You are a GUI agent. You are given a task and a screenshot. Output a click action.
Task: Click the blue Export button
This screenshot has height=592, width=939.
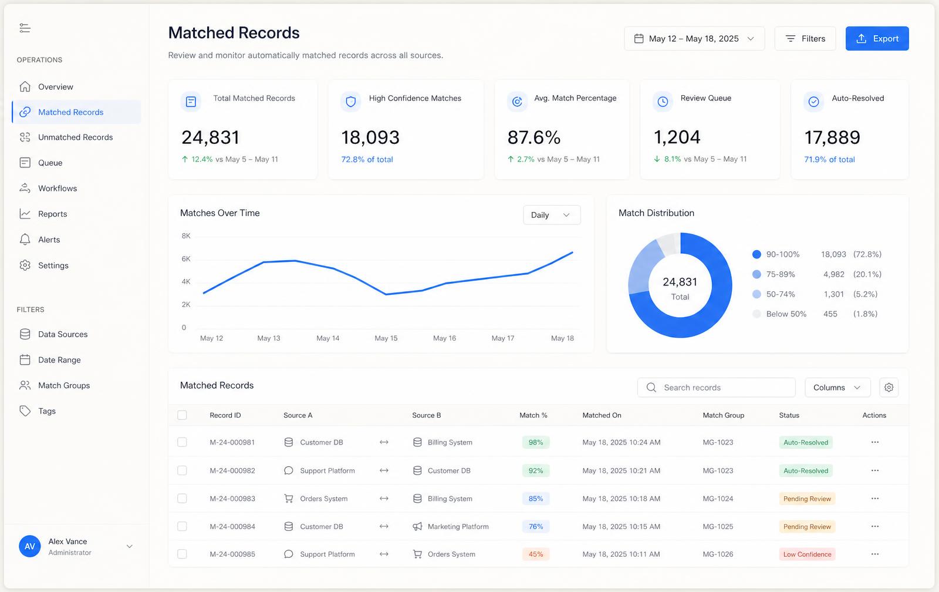[x=877, y=39]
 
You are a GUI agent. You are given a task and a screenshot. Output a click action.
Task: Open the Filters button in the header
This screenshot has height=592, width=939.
[x=805, y=39]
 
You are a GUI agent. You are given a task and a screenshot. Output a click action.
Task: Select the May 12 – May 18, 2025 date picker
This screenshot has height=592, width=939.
[x=694, y=39]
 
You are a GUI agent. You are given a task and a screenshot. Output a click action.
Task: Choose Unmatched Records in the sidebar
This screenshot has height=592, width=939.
[x=76, y=137]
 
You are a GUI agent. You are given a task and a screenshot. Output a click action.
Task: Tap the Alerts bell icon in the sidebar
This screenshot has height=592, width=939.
[x=25, y=239]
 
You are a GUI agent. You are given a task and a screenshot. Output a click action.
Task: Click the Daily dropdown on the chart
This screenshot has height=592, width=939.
[x=552, y=215]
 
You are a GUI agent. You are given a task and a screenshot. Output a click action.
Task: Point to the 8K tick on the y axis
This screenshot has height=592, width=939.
[x=186, y=236]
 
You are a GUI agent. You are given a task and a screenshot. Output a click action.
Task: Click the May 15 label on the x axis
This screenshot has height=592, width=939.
[x=386, y=338]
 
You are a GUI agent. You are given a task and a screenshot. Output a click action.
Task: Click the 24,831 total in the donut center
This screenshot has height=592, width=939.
[x=680, y=281]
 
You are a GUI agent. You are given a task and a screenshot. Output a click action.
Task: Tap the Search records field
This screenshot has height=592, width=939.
[x=717, y=387]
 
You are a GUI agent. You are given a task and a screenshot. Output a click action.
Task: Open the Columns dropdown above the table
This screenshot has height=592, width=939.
[x=837, y=387]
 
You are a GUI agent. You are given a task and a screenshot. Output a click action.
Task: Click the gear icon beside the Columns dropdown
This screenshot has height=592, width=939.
[x=889, y=387]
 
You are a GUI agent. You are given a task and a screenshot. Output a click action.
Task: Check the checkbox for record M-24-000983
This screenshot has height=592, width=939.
[x=182, y=499]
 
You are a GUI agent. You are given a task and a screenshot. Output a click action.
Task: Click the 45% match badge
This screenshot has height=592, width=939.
[x=536, y=554]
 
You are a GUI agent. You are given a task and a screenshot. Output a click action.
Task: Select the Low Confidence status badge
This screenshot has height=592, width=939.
[x=807, y=554]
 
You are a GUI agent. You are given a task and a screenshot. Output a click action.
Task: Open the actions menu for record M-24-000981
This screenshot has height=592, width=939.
[x=875, y=442]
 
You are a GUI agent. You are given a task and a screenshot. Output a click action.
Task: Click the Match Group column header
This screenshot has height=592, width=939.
[x=723, y=415]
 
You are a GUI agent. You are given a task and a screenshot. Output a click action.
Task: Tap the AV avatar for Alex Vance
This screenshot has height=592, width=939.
[x=30, y=546]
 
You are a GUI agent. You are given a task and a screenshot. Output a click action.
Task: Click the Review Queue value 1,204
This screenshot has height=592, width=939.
[x=677, y=137]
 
